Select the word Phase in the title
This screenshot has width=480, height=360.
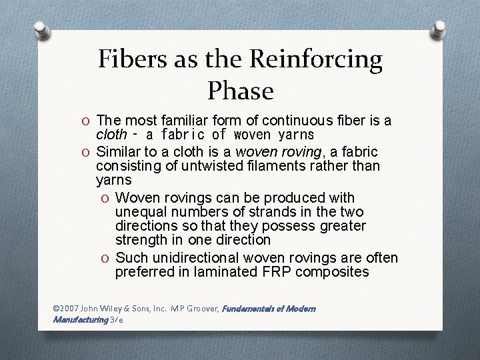[x=240, y=90]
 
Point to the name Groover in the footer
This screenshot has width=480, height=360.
[x=201, y=309]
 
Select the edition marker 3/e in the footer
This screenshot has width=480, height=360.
[x=117, y=319]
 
